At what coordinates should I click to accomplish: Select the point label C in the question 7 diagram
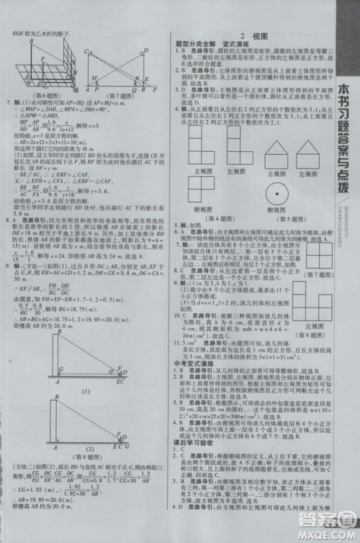86,52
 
